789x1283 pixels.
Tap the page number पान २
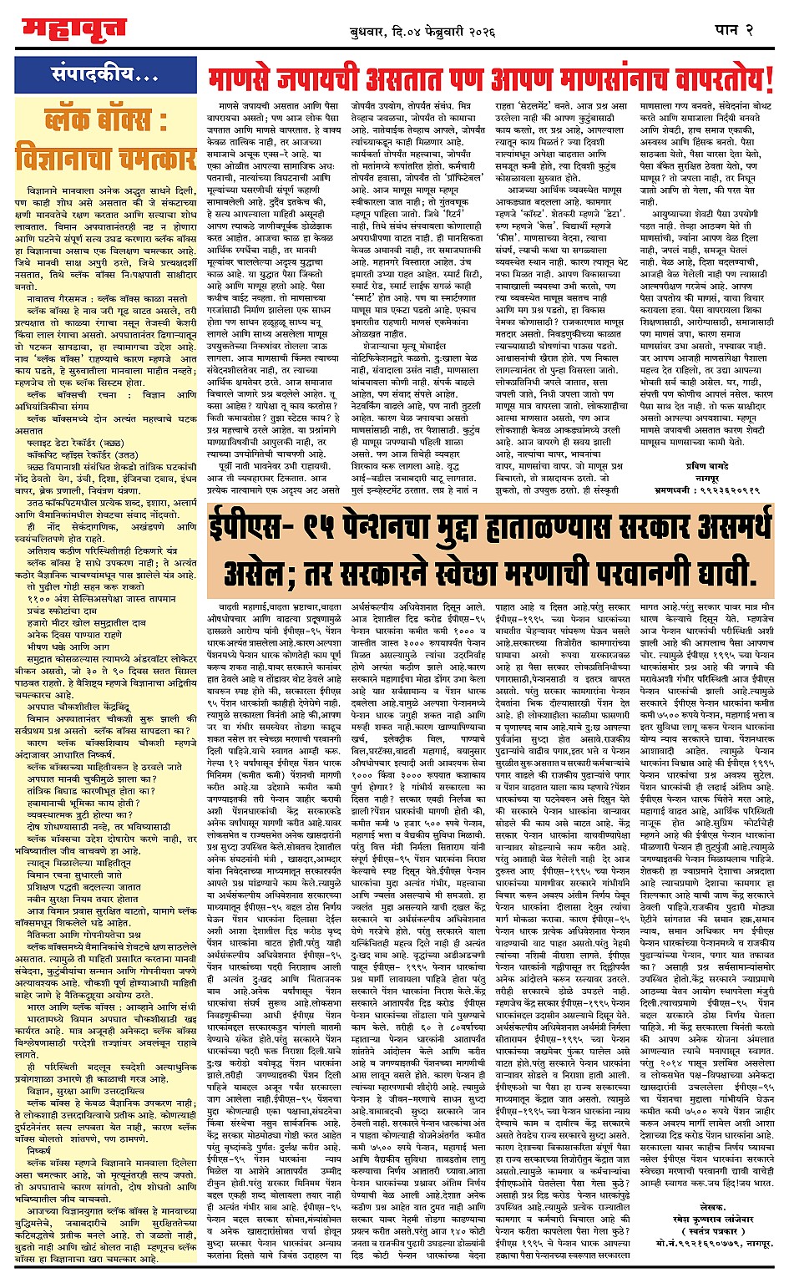736,30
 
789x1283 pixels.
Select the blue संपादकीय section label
105,74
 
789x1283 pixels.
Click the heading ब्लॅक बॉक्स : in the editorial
106,119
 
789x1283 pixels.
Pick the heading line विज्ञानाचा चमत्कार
105,158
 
